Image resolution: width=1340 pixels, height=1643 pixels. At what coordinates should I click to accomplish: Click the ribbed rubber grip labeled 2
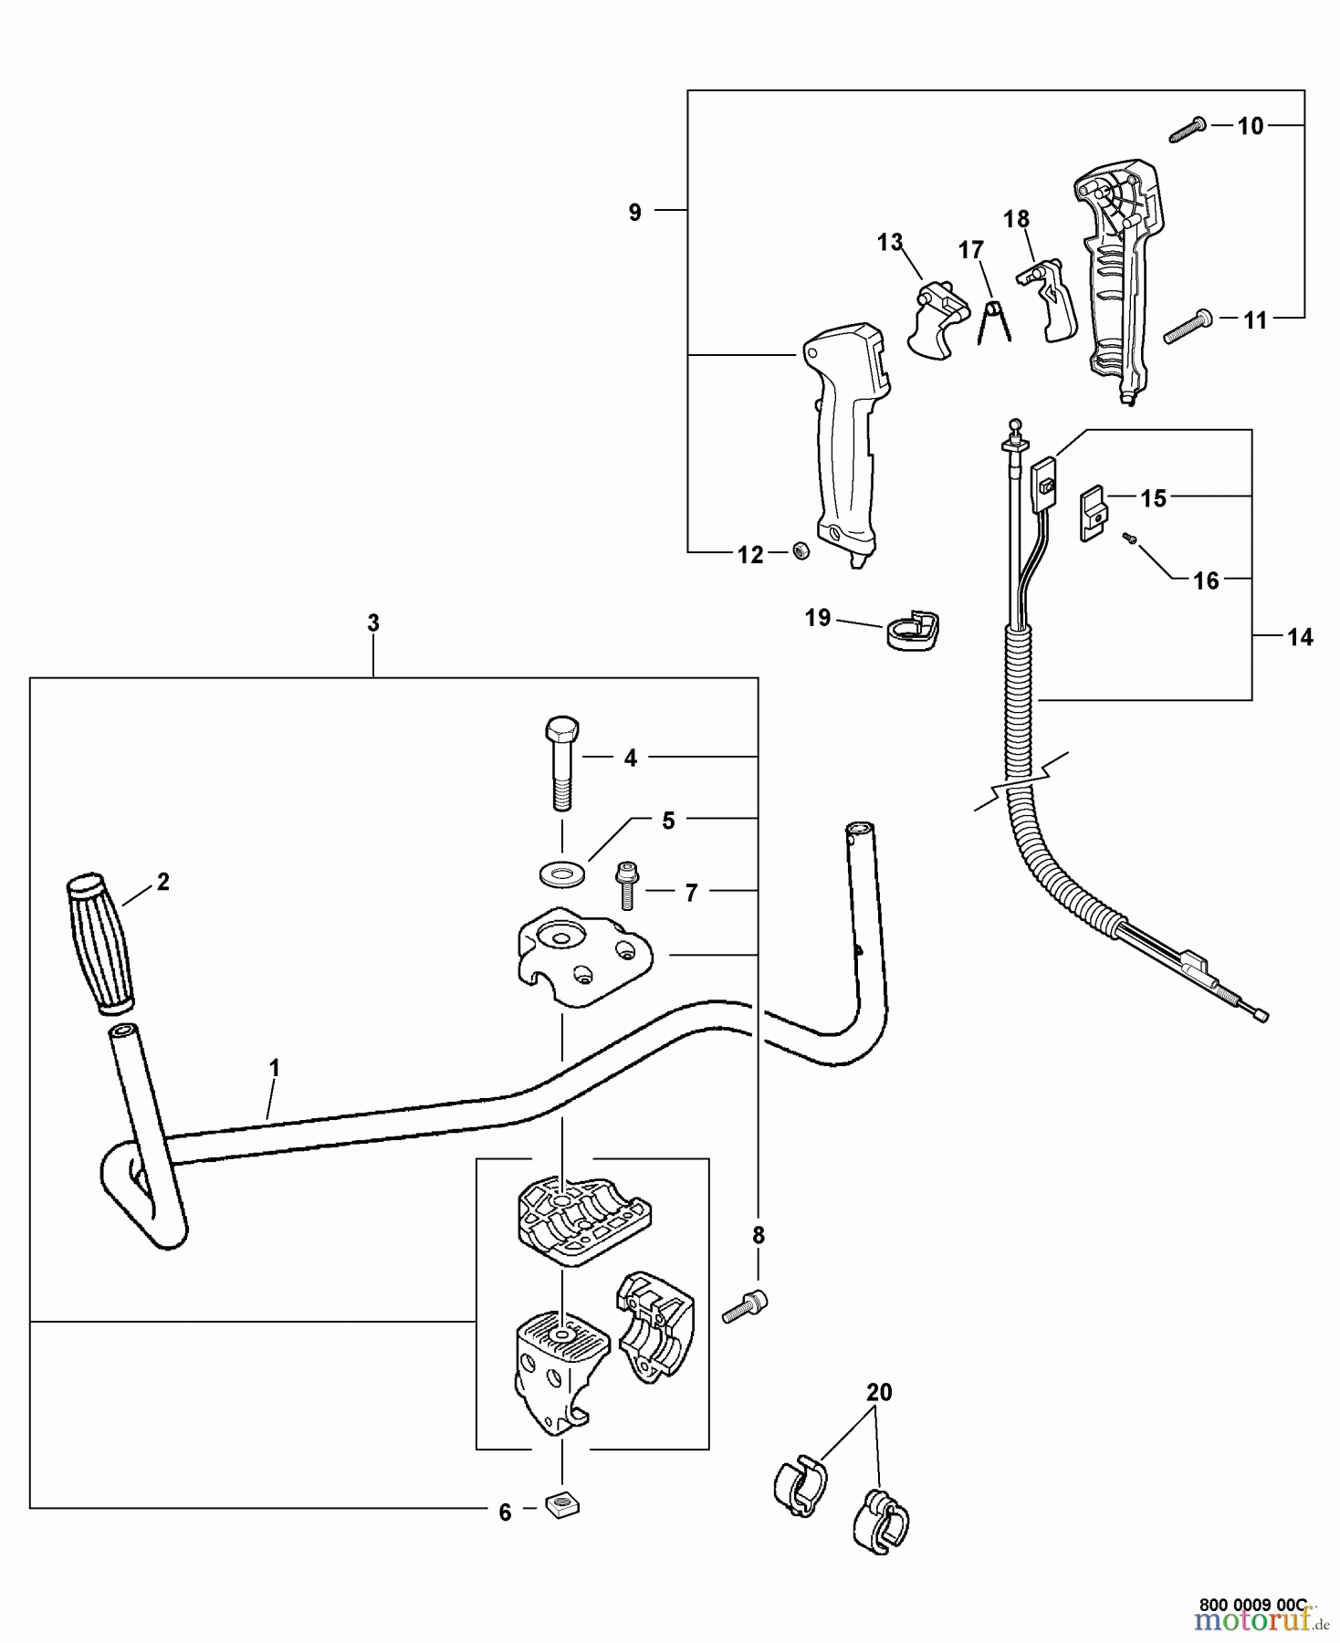click(x=99, y=946)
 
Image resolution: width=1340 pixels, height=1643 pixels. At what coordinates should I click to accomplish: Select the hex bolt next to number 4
click(x=561, y=763)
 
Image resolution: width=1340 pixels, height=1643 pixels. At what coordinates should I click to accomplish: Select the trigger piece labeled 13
click(x=937, y=321)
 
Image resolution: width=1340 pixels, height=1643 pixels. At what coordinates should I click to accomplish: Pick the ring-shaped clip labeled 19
click(x=914, y=631)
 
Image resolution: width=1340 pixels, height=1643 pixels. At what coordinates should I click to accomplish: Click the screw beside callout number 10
click(x=1187, y=130)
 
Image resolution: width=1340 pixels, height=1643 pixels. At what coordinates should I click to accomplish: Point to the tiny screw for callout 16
click(x=1129, y=539)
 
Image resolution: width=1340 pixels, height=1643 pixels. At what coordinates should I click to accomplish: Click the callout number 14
click(x=1300, y=637)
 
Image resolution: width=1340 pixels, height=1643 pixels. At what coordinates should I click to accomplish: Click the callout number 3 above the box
click(x=372, y=623)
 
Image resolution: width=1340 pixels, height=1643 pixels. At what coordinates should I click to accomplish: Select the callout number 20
click(x=878, y=1392)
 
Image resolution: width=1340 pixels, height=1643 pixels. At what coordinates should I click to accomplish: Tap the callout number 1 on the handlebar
click(x=274, y=1067)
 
